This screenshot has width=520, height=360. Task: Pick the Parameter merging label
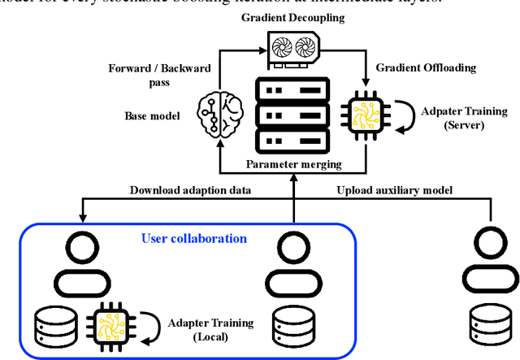(292, 165)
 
